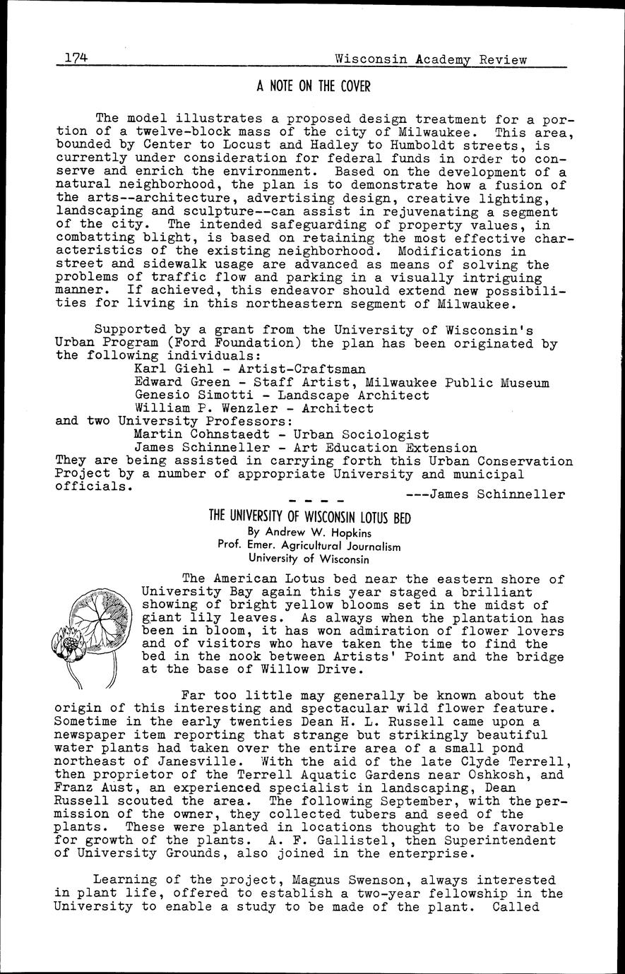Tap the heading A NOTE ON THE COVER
(x=313, y=86)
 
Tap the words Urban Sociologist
(x=361, y=434)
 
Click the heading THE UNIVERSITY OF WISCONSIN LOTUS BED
(x=310, y=516)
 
